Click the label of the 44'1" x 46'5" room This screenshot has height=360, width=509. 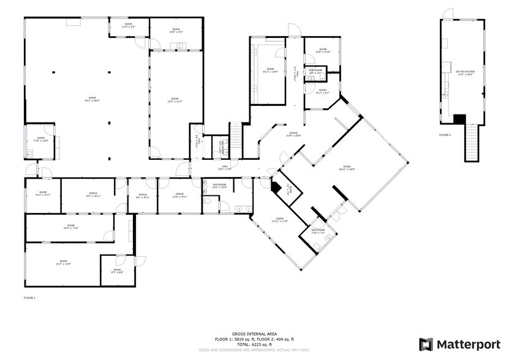[92, 99]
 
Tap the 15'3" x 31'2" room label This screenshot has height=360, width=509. [175, 100]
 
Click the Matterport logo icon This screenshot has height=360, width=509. [426, 344]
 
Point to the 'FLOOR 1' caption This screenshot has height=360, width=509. [29, 298]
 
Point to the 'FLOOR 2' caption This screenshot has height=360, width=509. [445, 134]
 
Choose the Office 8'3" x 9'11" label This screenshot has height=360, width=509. [142, 196]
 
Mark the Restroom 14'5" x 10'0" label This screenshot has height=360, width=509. [219, 186]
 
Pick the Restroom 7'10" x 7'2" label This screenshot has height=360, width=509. [318, 231]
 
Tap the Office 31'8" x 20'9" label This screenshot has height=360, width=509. [293, 134]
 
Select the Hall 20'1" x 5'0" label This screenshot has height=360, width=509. [225, 168]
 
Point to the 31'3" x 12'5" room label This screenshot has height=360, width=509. [64, 263]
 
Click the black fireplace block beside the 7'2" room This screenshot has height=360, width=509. [277, 189]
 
